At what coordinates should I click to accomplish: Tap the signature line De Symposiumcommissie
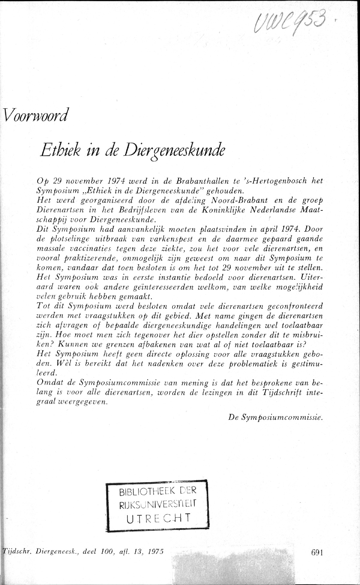click(x=275, y=417)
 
